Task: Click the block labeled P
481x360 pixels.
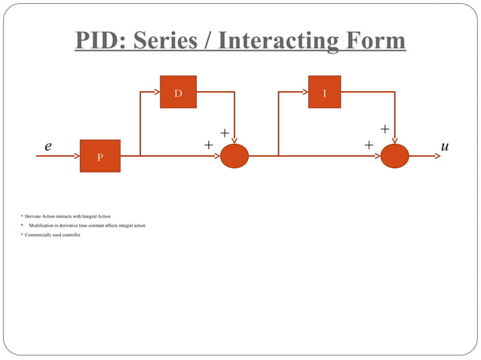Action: (100, 156)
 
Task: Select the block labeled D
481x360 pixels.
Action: (178, 92)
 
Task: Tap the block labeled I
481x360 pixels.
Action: (324, 92)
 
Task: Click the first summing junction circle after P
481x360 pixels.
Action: (234, 156)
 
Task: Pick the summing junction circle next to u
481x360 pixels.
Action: (394, 156)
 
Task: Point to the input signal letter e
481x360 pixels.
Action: (48, 146)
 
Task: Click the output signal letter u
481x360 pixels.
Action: (445, 146)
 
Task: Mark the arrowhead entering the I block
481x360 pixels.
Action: (304, 92)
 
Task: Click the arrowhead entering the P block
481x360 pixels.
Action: (75, 156)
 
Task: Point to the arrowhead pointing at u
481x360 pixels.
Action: (435, 156)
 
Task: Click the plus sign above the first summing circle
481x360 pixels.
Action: (224, 133)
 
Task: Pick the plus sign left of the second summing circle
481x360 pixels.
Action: (369, 144)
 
